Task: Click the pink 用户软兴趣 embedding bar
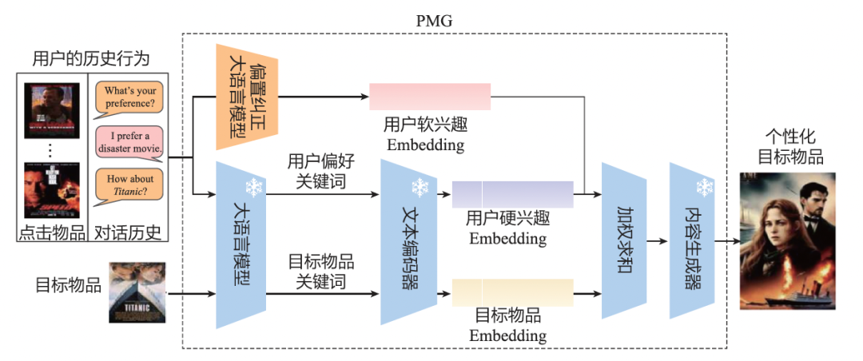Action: pos(429,97)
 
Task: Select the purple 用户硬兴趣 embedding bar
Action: pos(512,194)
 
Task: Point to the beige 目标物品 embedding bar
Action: pos(512,292)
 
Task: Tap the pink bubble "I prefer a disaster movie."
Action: pos(129,142)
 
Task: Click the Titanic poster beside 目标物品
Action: pos(131,292)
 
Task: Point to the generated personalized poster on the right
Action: pos(788,240)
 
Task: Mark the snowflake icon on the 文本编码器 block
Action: pos(420,188)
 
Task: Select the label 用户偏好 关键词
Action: pos(320,171)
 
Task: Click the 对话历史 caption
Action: pos(128,233)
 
